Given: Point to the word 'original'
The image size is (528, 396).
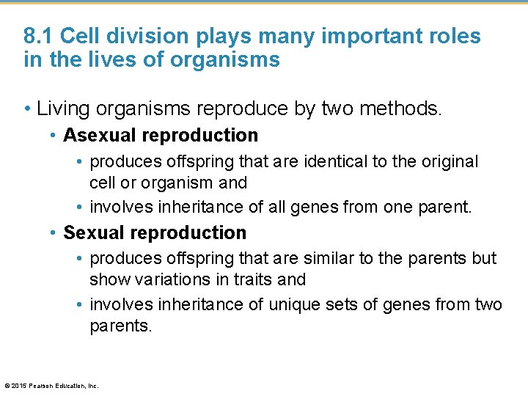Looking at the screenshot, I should point(444,161).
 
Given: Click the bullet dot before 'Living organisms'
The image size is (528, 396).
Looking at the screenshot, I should point(27,110).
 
